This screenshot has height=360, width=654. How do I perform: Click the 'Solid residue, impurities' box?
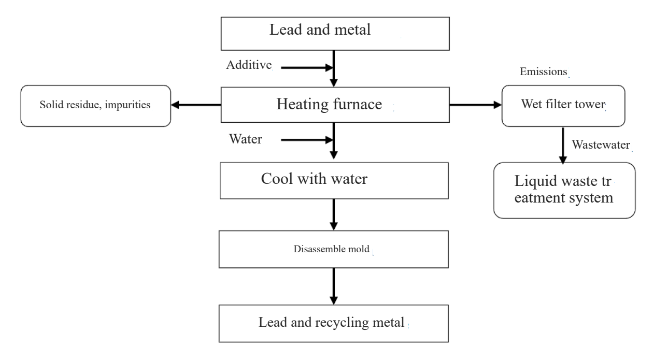[95, 106]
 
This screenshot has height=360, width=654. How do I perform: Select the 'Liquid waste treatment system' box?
[564, 190]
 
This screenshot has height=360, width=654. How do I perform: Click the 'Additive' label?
[249, 65]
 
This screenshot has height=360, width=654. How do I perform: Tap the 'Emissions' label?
[544, 73]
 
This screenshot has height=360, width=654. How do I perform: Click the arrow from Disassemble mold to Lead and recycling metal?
[334, 287]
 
